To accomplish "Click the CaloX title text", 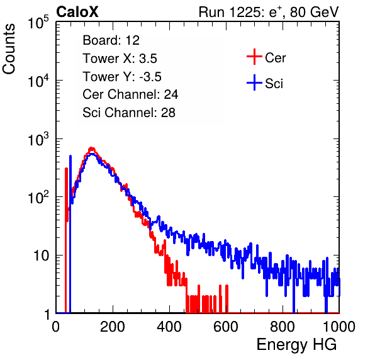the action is pyautogui.click(x=77, y=12).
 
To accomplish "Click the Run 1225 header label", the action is pyautogui.click(x=269, y=12).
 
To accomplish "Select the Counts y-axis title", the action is pyautogui.click(x=9, y=49).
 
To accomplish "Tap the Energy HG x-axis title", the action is pyautogui.click(x=296, y=345).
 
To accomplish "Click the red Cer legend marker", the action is pyautogui.click(x=254, y=57).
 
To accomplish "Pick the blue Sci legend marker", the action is pyautogui.click(x=254, y=82).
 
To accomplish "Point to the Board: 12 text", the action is pyautogui.click(x=111, y=40).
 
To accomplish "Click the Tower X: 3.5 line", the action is pyautogui.click(x=120, y=59).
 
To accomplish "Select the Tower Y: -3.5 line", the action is pyautogui.click(x=122, y=77).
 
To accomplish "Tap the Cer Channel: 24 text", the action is pyautogui.click(x=130, y=94).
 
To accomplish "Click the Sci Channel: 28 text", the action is pyautogui.click(x=129, y=113).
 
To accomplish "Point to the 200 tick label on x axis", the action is pyautogui.click(x=113, y=327).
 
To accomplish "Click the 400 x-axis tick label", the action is pyautogui.click(x=169, y=327).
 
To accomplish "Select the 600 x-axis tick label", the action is pyautogui.click(x=226, y=327).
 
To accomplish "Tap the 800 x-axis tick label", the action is pyautogui.click(x=283, y=327).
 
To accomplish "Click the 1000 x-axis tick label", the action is pyautogui.click(x=339, y=327).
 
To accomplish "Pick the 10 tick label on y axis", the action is pyautogui.click(x=41, y=256).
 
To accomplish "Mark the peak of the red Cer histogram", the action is pyautogui.click(x=91, y=149).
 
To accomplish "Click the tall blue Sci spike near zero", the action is pyautogui.click(x=70, y=234).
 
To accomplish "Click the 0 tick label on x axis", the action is pyautogui.click(x=56, y=327).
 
